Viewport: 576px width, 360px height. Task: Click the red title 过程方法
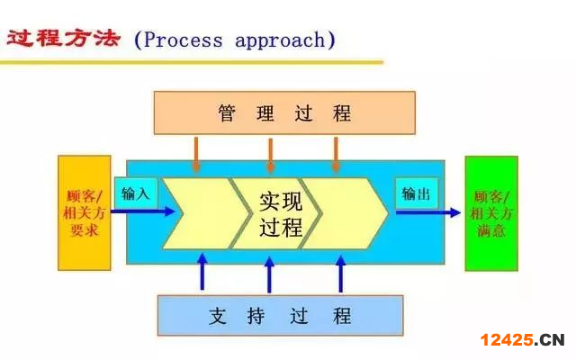click(63, 40)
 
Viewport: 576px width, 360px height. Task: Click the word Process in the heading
click(184, 40)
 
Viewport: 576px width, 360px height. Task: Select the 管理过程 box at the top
click(284, 112)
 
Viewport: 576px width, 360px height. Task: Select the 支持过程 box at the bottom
click(280, 316)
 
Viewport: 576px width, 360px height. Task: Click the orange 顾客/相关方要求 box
click(85, 213)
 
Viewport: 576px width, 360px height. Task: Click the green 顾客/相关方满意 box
click(491, 213)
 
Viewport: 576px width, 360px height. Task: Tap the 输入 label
click(136, 193)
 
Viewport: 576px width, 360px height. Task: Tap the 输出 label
click(416, 193)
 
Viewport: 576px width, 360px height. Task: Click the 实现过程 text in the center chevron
click(280, 213)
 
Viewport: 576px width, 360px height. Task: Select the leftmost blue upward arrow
click(202, 272)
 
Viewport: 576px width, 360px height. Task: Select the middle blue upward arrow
click(269, 272)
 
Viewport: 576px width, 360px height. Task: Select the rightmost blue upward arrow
click(340, 272)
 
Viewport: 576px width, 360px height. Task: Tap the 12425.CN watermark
click(521, 340)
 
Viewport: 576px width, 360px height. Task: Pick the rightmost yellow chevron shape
click(346, 213)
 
